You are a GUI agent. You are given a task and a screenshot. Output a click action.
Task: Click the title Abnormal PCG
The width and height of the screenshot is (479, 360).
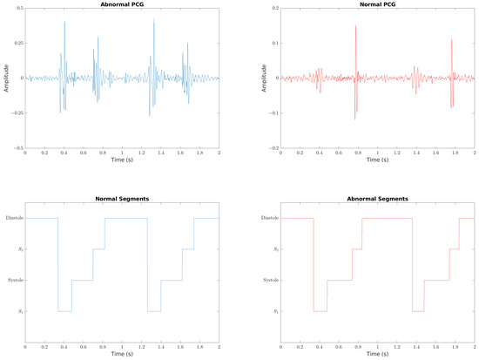point(122,3)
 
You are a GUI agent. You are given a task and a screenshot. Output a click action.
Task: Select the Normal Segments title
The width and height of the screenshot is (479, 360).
point(122,199)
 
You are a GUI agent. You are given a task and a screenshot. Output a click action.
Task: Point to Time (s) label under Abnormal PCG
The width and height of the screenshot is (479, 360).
point(122,160)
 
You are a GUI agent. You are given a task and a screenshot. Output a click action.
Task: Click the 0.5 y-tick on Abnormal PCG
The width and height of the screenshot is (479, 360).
point(18,9)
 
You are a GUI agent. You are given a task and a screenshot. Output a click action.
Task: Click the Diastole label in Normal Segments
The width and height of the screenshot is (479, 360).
point(13,218)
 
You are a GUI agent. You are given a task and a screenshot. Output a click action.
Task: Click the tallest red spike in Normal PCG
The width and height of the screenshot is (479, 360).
point(355,28)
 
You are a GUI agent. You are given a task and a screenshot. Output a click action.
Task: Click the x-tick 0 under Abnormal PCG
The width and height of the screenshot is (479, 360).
point(25,153)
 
